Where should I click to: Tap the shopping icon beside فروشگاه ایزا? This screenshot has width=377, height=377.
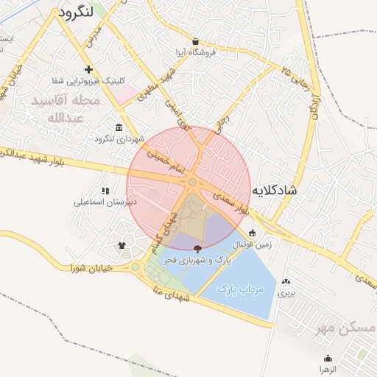pyautogui.click(x=195, y=42)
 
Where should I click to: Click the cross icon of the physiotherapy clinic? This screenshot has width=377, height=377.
pyautogui.click(x=88, y=70)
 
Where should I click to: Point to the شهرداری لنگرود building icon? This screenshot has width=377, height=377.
pyautogui.click(x=119, y=127)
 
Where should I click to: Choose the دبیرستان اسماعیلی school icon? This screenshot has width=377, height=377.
pyautogui.click(x=105, y=191)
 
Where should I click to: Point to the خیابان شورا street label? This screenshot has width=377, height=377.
pyautogui.click(x=92, y=268)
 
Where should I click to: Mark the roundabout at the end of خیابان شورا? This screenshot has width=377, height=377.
pyautogui.click(x=135, y=267)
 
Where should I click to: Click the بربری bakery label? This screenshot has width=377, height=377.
pyautogui.click(x=286, y=292)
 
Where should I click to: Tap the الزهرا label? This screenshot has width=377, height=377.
pyautogui.click(x=327, y=367)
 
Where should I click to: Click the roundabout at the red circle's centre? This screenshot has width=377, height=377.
pyautogui.click(x=192, y=181)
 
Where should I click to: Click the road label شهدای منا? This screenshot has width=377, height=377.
pyautogui.click(x=169, y=293)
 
